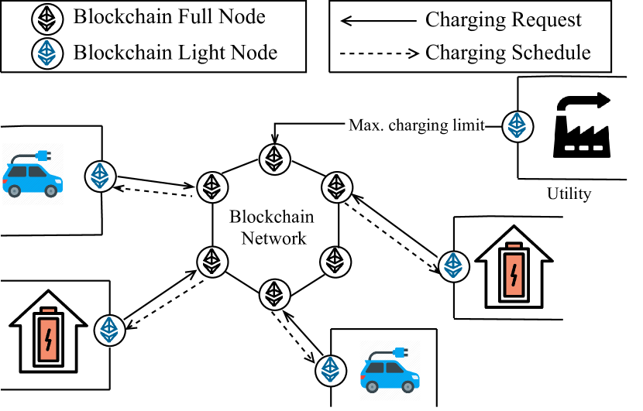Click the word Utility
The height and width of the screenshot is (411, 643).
pos(569,194)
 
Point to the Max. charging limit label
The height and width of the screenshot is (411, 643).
pos(417,125)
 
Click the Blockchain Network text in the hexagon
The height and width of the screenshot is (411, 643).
pos(273,228)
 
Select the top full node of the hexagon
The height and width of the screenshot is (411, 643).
pos(273,158)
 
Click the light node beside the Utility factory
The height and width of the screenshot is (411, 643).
pos(515,125)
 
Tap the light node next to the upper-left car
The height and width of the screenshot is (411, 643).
pos(99,175)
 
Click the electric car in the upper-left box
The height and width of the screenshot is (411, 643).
pos(33,175)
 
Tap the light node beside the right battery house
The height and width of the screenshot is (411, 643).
pos(452,265)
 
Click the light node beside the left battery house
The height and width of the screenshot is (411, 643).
pos(108,331)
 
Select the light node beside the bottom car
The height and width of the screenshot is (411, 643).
pos(330,369)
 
